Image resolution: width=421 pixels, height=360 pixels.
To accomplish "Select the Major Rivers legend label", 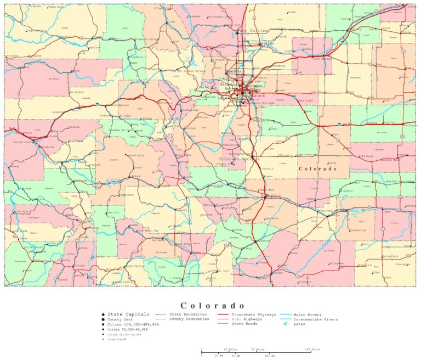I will (308, 314).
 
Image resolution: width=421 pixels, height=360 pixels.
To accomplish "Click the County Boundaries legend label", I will (189, 319).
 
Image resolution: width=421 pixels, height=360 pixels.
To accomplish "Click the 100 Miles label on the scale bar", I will (312, 349).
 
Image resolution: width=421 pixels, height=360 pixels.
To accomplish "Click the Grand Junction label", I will (25, 142).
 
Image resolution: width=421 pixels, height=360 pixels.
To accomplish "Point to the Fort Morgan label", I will (322, 58).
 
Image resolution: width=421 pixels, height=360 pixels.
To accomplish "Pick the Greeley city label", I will (267, 42).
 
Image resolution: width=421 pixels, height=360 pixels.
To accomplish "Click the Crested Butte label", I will (134, 156).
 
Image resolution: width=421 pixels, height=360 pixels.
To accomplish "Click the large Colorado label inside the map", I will (317, 169).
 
